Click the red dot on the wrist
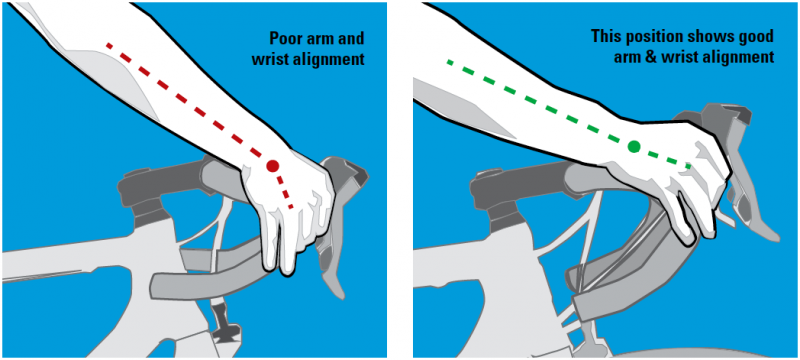coord(273,166)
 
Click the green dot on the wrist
coord(634,147)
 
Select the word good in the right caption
coord(754,37)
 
